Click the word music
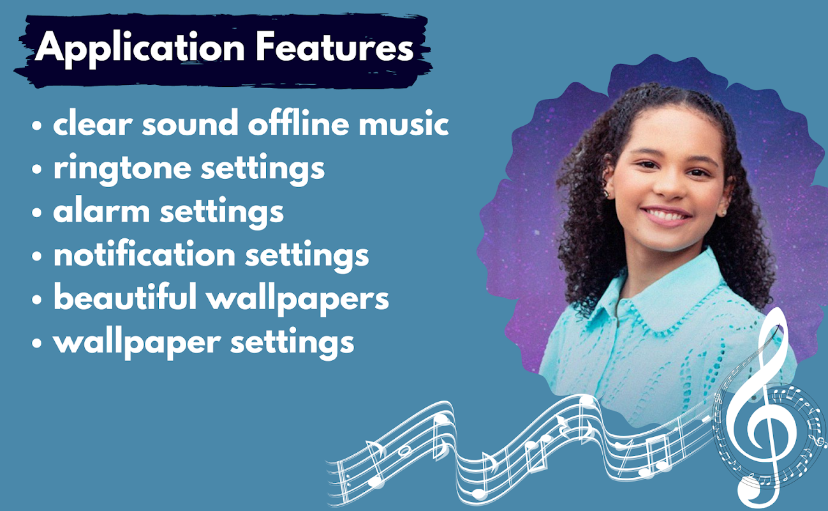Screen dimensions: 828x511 pos(404,123)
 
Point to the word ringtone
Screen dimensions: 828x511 pos(122,169)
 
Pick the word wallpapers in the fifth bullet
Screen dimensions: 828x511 pos(297,300)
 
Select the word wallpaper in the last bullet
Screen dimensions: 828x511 pos(137,344)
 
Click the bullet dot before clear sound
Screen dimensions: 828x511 pos(37,125)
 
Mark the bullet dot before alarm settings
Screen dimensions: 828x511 pos(37,213)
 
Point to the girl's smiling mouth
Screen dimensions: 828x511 pos(667,215)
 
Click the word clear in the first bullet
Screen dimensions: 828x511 pos(92,123)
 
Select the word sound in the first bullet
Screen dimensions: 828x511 pos(190,123)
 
